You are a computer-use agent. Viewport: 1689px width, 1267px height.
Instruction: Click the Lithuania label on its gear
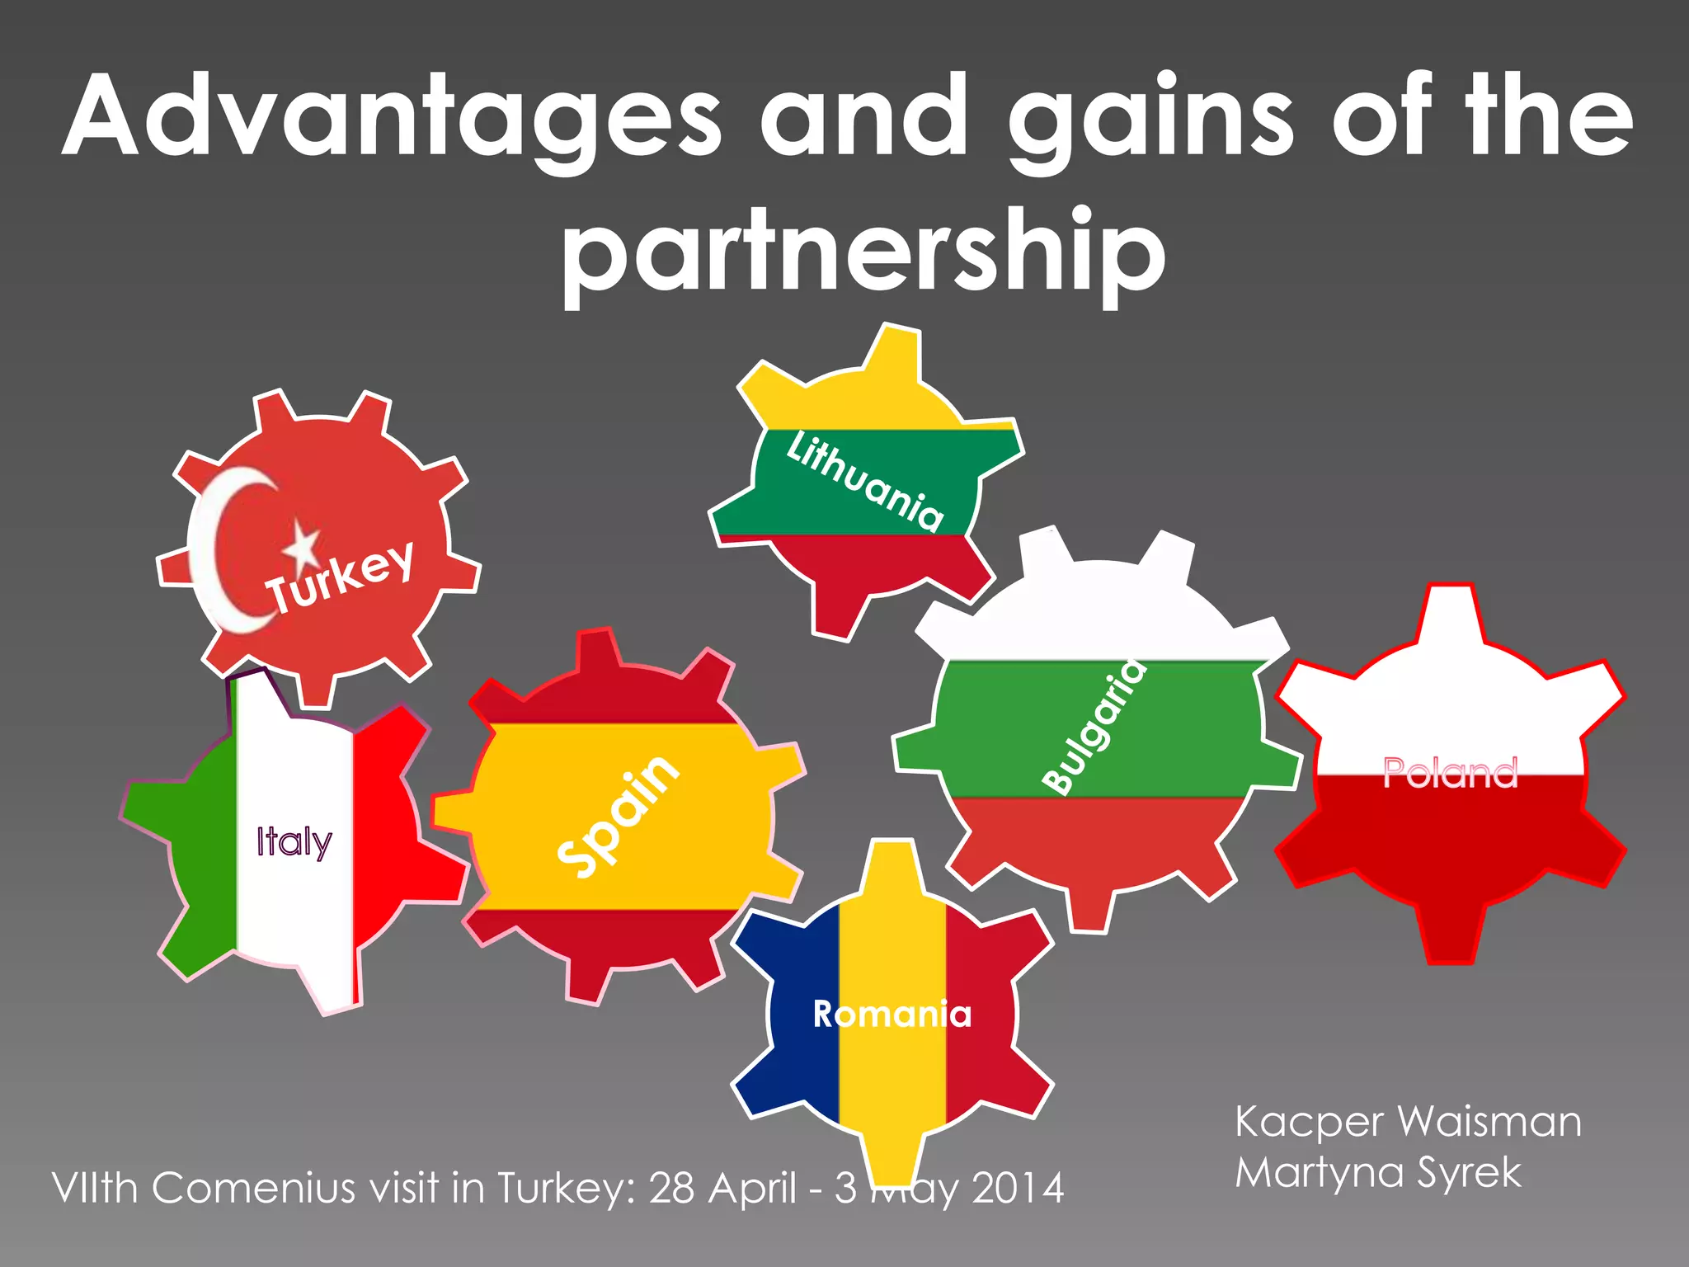coord(864,481)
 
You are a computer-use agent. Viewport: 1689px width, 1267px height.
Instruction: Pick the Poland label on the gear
coord(1450,773)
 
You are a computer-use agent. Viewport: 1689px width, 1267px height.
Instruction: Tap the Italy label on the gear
coord(294,841)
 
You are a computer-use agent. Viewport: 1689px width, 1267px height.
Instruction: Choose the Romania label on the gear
coord(892,1014)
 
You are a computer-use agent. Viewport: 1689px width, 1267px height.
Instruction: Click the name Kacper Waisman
coord(1408,1122)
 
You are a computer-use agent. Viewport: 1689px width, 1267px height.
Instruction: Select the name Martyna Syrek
coord(1377,1172)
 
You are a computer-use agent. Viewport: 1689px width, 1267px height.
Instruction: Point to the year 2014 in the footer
coord(1018,1189)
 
